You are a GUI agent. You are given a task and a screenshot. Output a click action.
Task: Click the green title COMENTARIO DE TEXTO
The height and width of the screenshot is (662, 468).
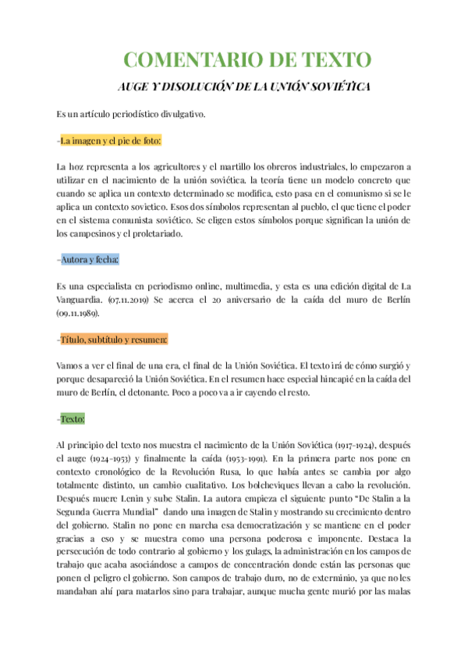[x=248, y=60]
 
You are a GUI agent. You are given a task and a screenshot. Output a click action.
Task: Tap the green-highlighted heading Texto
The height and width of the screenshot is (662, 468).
[x=73, y=419]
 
